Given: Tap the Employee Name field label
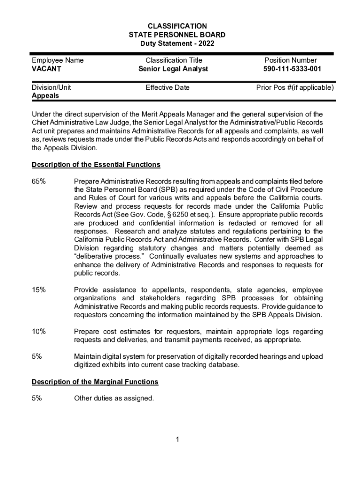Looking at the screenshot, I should (58, 60).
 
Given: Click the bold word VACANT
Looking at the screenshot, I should (46, 69).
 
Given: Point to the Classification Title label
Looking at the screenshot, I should (173, 60).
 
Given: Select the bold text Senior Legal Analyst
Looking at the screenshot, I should (173, 69).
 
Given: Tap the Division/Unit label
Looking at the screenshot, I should (51, 87).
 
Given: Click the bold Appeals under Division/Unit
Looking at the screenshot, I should (45, 96).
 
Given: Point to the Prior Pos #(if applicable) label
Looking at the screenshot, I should (295, 87).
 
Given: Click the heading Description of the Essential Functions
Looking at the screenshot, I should (96, 165).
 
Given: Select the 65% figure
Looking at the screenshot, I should (39, 181).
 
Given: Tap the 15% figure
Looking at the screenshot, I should (39, 290).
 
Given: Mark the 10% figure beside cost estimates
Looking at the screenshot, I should (39, 331).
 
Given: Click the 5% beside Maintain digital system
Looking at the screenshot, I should (37, 356).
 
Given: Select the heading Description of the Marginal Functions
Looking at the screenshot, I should (95, 382).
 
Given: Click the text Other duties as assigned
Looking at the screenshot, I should (114, 399).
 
